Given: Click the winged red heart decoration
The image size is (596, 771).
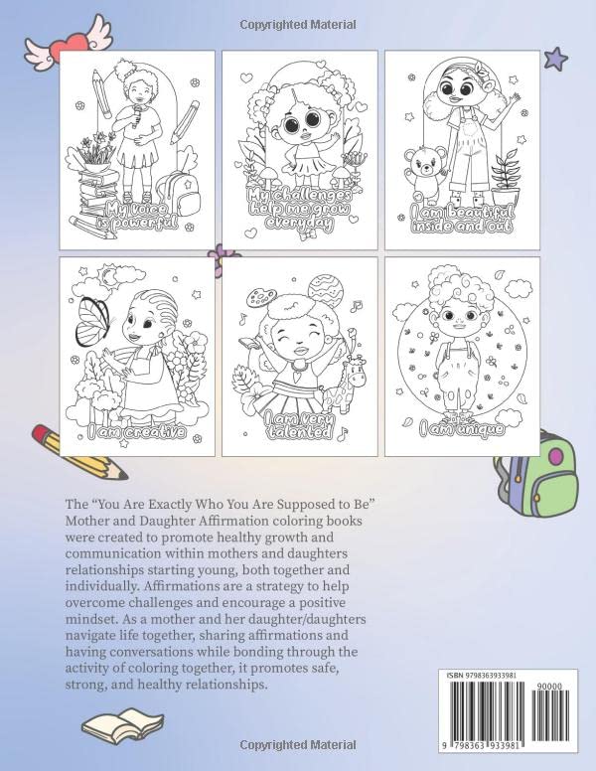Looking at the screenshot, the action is click(x=68, y=43).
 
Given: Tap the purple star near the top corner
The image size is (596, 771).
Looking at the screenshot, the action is click(x=556, y=59).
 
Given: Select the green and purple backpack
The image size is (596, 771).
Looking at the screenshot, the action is click(x=537, y=472).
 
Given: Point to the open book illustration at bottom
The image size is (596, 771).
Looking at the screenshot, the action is click(x=122, y=725).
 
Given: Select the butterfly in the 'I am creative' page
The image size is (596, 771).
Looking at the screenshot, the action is click(x=93, y=321).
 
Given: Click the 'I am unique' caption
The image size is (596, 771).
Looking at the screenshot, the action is click(x=462, y=429).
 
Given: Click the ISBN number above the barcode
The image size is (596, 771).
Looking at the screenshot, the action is click(x=482, y=676).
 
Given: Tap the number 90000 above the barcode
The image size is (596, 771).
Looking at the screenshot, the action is click(x=549, y=687).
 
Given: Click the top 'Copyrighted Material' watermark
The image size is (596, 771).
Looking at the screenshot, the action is click(x=298, y=25).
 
